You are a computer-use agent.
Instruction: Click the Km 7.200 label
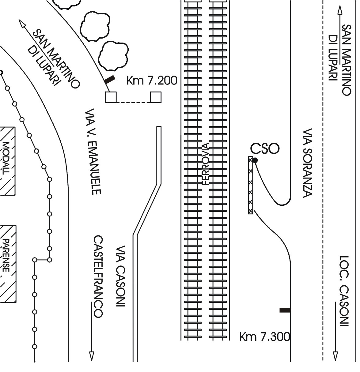152,81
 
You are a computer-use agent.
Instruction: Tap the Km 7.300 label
264,336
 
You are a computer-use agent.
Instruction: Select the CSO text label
265,148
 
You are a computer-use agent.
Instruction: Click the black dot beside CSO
255,160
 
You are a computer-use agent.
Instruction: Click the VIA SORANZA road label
307,163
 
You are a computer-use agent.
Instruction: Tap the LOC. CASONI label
344,291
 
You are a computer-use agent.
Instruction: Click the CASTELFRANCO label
98,276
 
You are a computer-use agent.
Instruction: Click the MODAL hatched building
7,161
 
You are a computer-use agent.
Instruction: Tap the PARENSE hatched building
8,264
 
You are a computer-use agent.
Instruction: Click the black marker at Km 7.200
109,80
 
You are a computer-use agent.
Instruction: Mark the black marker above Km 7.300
285,310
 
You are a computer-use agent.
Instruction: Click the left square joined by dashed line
111,97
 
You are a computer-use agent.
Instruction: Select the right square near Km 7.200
156,97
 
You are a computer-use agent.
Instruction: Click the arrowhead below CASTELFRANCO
91,356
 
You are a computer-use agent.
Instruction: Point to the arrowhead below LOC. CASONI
335,356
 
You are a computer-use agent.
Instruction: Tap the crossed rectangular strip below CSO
251,185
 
